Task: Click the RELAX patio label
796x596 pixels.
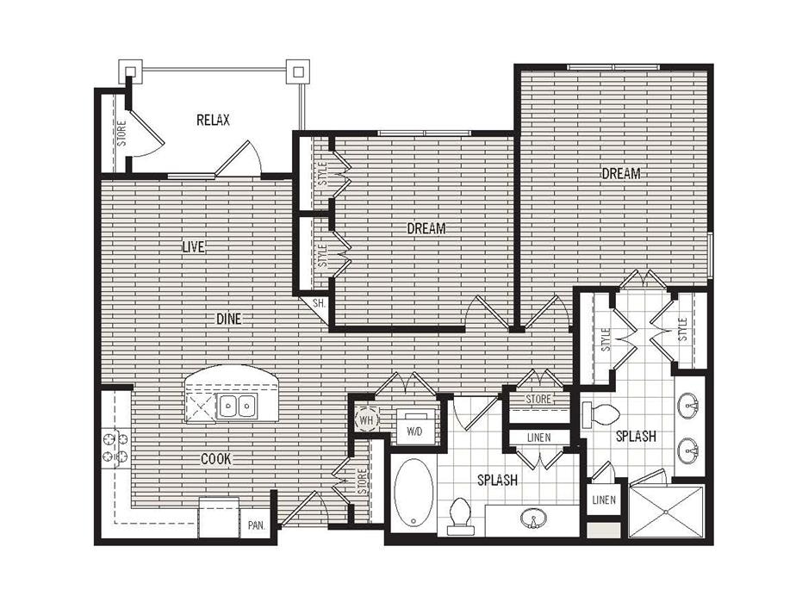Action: pyautogui.click(x=213, y=121)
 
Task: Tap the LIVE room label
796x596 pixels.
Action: pyautogui.click(x=193, y=247)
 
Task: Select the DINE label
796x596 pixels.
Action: pyautogui.click(x=228, y=319)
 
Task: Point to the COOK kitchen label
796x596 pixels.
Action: pyautogui.click(x=215, y=459)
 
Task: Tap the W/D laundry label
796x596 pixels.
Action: pyautogui.click(x=413, y=428)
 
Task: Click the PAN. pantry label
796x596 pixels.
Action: pyautogui.click(x=257, y=525)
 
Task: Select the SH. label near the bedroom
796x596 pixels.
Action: pyautogui.click(x=317, y=303)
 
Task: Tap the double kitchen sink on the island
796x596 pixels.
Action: pyautogui.click(x=238, y=406)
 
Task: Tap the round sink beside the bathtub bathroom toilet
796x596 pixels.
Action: pyautogui.click(x=532, y=518)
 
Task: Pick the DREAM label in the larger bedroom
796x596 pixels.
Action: pyautogui.click(x=620, y=173)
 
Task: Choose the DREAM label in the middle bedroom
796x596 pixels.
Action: pyautogui.click(x=426, y=228)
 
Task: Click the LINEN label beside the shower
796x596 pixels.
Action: pyautogui.click(x=602, y=499)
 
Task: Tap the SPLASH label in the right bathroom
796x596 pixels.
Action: pyautogui.click(x=636, y=437)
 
